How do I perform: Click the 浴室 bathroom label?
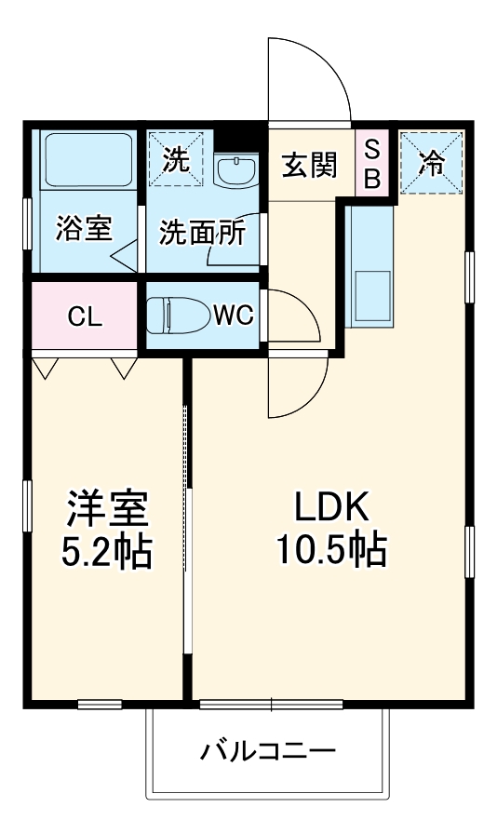click(x=84, y=229)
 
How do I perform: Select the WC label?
click(x=233, y=316)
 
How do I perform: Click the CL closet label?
click(x=84, y=316)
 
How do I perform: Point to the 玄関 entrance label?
click(x=310, y=165)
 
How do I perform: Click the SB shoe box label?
click(x=371, y=164)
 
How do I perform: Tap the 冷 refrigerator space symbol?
click(x=431, y=162)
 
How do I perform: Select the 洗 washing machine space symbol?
click(x=174, y=159)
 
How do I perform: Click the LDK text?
click(x=332, y=509)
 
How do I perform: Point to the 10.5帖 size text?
click(x=330, y=552)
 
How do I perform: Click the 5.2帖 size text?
click(x=105, y=552)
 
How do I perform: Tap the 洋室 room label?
click(x=105, y=509)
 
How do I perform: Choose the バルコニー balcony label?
click(x=267, y=751)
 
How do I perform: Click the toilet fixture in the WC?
click(x=180, y=315)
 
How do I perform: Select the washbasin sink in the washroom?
click(x=237, y=170)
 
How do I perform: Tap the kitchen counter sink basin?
click(x=369, y=297)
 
